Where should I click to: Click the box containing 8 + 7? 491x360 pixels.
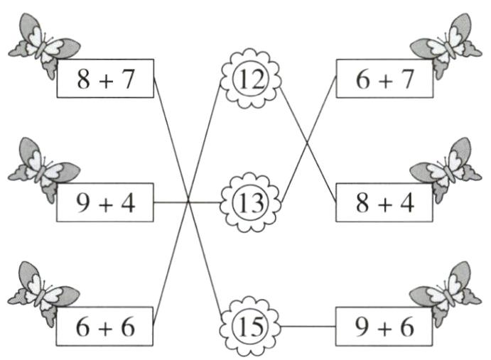click(x=105, y=78)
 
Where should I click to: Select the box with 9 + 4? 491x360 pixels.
click(x=105, y=202)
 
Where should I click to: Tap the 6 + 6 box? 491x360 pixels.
click(x=104, y=327)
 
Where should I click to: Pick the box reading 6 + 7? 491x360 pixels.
click(x=385, y=78)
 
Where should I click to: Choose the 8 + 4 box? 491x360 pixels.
click(x=384, y=202)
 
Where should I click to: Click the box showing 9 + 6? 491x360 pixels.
click(x=384, y=327)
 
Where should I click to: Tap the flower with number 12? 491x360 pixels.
click(x=250, y=79)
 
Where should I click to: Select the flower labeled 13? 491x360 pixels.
click(x=250, y=202)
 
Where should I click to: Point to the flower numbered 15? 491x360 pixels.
click(x=249, y=327)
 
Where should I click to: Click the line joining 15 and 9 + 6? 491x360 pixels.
click(x=308, y=327)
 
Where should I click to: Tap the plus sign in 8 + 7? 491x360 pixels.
click(x=106, y=81)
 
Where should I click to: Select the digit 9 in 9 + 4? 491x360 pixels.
click(x=83, y=203)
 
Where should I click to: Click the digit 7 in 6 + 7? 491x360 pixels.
click(x=406, y=79)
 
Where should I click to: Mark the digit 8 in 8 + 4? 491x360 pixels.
click(x=362, y=203)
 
